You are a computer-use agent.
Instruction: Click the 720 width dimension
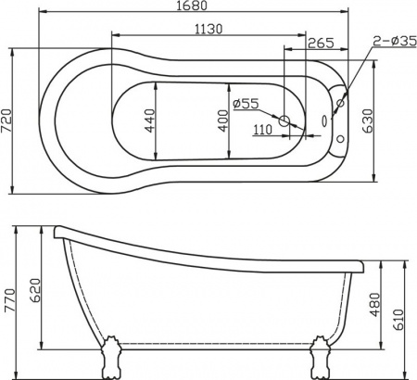[9, 120]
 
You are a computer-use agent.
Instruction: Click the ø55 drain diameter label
[246, 104]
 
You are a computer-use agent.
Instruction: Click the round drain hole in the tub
[286, 119]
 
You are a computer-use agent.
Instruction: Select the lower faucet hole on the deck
[344, 141]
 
